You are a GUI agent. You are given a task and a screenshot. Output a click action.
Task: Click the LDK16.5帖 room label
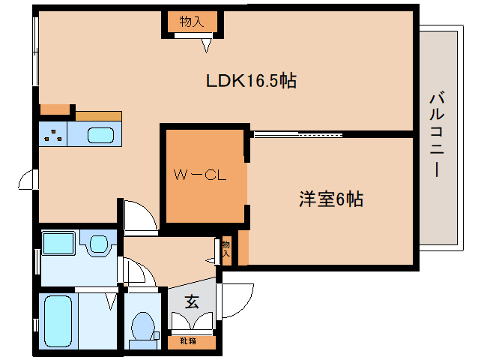pyautogui.click(x=252, y=81)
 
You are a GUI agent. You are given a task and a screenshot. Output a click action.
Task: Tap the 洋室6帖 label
pyautogui.click(x=331, y=199)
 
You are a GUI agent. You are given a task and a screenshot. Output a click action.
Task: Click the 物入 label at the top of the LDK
pyautogui.click(x=192, y=22)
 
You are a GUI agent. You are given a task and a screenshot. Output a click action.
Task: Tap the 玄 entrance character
pyautogui.click(x=192, y=302)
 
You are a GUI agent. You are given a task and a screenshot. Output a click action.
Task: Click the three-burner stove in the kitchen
pyautogui.click(x=52, y=136)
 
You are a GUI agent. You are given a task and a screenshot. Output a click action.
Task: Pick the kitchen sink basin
pyautogui.click(x=100, y=136)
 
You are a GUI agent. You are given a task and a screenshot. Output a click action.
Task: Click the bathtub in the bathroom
pyautogui.click(x=57, y=320)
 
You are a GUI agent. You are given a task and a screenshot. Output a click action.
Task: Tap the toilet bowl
pyautogui.click(x=142, y=327)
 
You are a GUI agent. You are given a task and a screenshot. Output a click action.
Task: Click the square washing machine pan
pyautogui.click(x=58, y=244)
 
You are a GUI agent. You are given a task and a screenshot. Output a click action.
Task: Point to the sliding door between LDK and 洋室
pyautogui.click(x=297, y=135)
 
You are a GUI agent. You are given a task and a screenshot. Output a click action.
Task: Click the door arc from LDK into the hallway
pyautogui.click(x=139, y=216)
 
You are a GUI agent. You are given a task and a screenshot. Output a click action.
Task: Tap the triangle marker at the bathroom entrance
pyautogui.click(x=111, y=301)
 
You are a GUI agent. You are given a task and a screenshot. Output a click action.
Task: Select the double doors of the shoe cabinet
pyautogui.click(x=192, y=322)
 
